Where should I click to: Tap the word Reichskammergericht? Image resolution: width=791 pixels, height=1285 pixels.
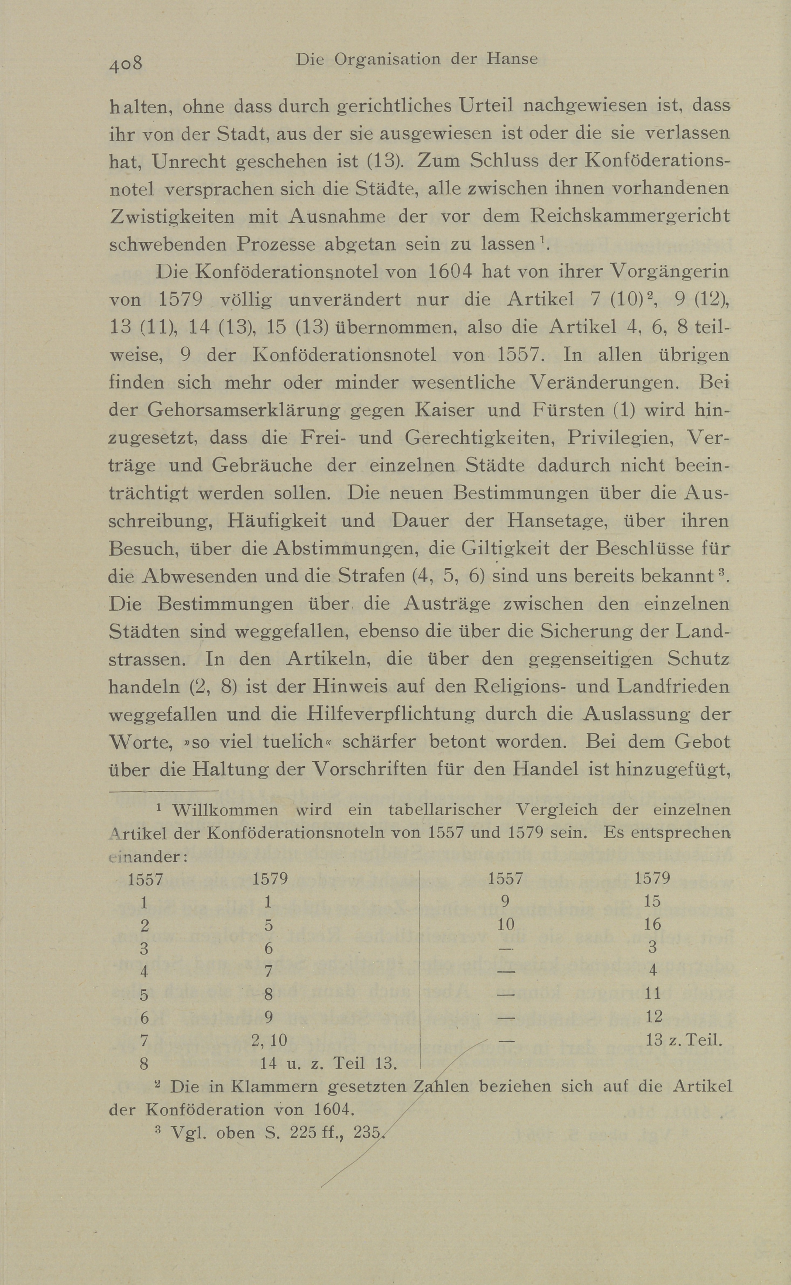(x=629, y=216)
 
